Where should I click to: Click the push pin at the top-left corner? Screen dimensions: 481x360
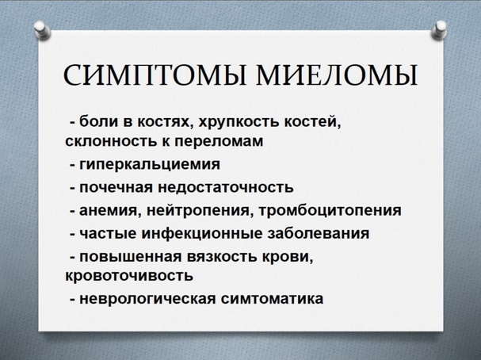click(43, 30)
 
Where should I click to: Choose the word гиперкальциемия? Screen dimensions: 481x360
click(150, 164)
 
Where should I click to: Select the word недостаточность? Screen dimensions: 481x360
click(226, 187)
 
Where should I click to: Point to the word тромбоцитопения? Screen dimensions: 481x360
click(330, 211)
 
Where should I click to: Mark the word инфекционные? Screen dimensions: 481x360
click(202, 233)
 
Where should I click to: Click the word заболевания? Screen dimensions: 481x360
click(319, 233)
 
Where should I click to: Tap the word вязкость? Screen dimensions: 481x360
click(223, 257)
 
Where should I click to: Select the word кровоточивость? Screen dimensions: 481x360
click(129, 275)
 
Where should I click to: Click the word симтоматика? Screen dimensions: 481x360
click(272, 299)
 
